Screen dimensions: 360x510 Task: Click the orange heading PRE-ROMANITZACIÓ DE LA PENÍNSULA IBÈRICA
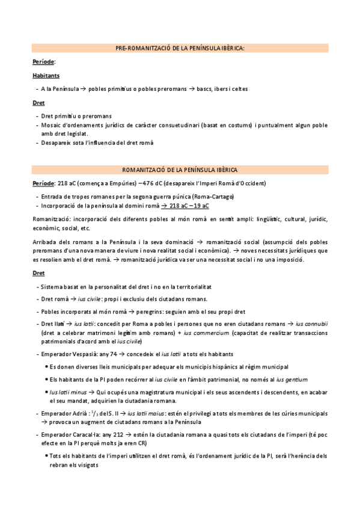pyautogui.click(x=180, y=48)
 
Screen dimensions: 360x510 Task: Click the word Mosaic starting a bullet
pyautogui.click(x=51, y=125)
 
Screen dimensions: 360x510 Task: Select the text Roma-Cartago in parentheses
pyautogui.click(x=214, y=197)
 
